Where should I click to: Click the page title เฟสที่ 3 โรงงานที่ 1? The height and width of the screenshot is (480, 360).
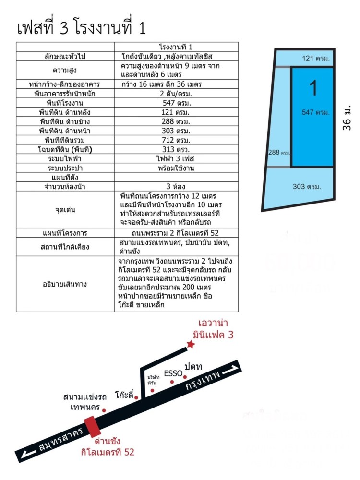[81, 28]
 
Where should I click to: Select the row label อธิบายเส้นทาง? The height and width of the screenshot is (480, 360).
[65, 284]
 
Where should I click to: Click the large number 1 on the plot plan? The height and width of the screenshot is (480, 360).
[313, 88]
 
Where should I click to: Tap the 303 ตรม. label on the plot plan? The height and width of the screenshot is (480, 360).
[305, 186]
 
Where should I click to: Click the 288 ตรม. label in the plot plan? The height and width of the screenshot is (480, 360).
[278, 153]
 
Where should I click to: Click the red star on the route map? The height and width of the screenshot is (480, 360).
[191, 344]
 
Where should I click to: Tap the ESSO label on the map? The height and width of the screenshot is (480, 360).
[173, 373]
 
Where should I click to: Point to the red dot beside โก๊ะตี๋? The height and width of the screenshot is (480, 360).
[136, 397]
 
